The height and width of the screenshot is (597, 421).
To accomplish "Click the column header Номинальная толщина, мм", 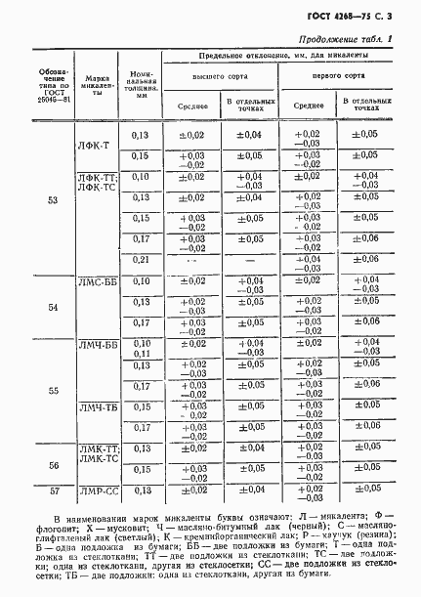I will [x=139, y=86].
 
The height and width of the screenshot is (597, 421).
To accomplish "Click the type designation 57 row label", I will [x=52, y=490].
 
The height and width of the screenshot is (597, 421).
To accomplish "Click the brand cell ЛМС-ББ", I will [x=98, y=281].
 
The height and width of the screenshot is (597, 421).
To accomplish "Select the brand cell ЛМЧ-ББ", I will [x=98, y=345].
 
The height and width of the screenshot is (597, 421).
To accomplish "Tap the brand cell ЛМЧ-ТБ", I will [x=98, y=407].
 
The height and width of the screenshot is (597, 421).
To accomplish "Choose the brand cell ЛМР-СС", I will [x=98, y=490].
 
